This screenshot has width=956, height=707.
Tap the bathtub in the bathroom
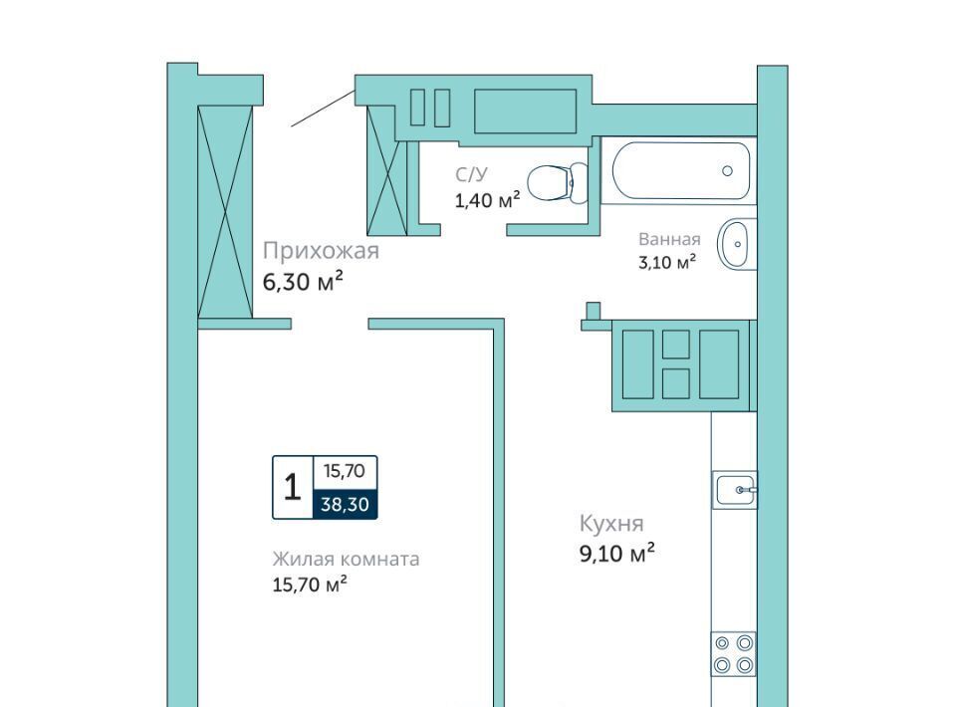pyautogui.click(x=680, y=170)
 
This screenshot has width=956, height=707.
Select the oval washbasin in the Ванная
pyautogui.click(x=737, y=244)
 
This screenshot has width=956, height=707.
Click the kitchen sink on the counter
pyautogui.click(x=735, y=489)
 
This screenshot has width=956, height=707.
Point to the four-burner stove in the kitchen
pyautogui.click(x=734, y=653)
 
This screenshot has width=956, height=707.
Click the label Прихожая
pyautogui.click(x=321, y=251)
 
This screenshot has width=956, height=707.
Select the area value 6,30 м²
pyautogui.click(x=303, y=282)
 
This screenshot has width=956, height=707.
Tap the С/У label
pyautogui.click(x=471, y=175)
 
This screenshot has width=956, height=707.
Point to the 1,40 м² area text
pyautogui.click(x=487, y=200)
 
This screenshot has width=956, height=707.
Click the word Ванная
pyautogui.click(x=669, y=239)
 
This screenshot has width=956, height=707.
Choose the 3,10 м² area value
pyautogui.click(x=667, y=263)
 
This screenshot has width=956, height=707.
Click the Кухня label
pyautogui.click(x=611, y=524)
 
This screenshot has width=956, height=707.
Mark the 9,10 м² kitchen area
pyautogui.click(x=617, y=554)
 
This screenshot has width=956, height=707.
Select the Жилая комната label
pyautogui.click(x=346, y=559)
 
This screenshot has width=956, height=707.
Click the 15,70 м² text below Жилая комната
pyautogui.click(x=310, y=585)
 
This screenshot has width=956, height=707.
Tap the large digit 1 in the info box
pyautogui.click(x=293, y=488)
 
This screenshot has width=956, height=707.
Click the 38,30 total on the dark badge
pyautogui.click(x=346, y=504)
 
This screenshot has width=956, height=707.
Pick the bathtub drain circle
pyautogui.click(x=727, y=170)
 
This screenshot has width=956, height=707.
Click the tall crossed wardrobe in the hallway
pyautogui.click(x=225, y=211)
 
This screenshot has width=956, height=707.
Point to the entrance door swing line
pyautogui.click(x=323, y=108)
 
